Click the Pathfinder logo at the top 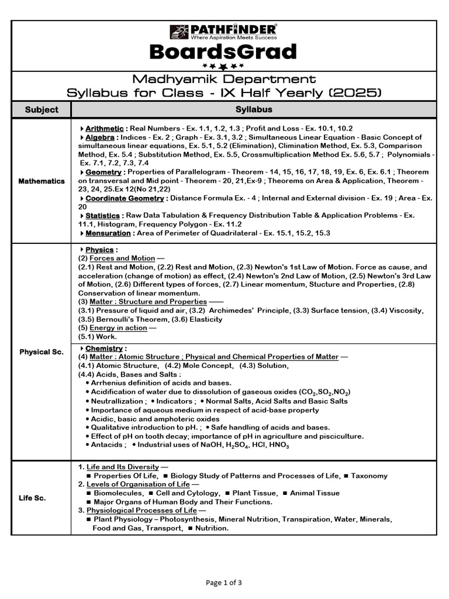pyautogui.click(x=224, y=32)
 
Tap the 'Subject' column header pyautogui.click(x=42, y=109)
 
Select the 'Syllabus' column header pyautogui.click(x=254, y=109)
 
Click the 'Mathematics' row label pyautogui.click(x=42, y=181)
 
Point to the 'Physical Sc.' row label pyautogui.click(x=42, y=352)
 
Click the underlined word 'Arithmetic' pyautogui.click(x=105, y=128)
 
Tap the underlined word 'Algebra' pyautogui.click(x=100, y=137)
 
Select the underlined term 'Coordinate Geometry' pyautogui.click(x=125, y=198)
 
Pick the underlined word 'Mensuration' pyautogui.click(x=108, y=233)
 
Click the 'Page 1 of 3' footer pyautogui.click(x=224, y=583)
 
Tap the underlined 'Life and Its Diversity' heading pyautogui.click(x=122, y=467)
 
